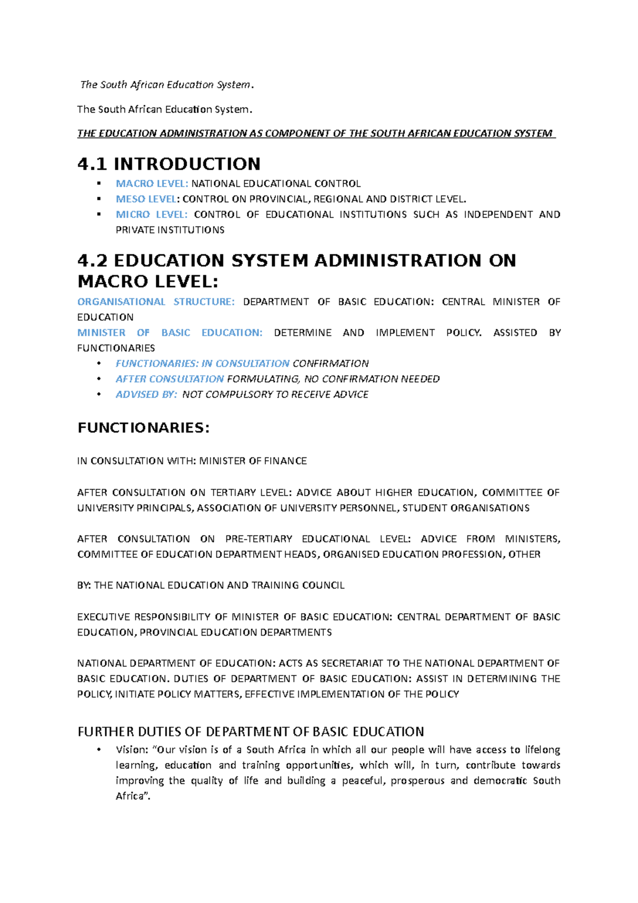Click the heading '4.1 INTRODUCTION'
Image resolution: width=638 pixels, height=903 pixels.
169,164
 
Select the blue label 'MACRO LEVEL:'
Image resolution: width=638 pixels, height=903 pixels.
152,183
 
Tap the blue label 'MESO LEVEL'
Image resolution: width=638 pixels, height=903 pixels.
146,199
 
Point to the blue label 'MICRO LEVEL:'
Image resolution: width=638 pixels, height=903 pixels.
152,214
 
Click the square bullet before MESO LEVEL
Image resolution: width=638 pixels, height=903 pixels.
98,199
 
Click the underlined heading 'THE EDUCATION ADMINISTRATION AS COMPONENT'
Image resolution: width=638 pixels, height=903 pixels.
316,133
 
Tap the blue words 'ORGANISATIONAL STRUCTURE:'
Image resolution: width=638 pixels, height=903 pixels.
155,302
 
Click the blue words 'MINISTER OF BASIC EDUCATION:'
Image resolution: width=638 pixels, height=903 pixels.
170,332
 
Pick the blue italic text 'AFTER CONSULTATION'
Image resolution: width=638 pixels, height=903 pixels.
170,379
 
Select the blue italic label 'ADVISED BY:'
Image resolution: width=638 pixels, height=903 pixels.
146,394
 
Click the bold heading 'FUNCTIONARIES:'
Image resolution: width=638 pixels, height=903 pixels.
144,428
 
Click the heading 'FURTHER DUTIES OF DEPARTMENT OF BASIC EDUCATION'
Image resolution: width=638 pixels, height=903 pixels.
250,732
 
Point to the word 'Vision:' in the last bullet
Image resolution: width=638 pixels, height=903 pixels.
132,750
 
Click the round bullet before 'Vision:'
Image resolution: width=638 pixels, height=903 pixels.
98,750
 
